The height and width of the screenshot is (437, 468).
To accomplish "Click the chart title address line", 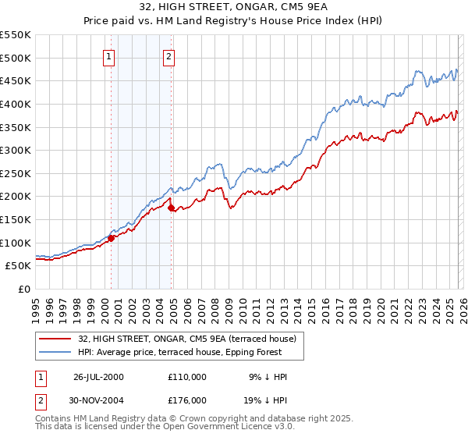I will [x=233, y=7].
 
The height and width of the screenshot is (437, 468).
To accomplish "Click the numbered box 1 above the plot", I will [x=108, y=55].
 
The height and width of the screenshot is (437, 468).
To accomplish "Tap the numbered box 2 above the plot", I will [x=168, y=55].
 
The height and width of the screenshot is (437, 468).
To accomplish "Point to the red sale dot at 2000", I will [x=112, y=238].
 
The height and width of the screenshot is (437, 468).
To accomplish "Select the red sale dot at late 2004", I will [x=172, y=208].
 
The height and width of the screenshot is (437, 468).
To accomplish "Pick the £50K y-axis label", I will [x=18, y=266].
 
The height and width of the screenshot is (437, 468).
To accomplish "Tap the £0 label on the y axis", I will [x=24, y=290].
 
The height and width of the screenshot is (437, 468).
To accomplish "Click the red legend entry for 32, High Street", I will [x=186, y=339].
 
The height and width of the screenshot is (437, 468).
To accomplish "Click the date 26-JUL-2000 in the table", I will [x=98, y=377].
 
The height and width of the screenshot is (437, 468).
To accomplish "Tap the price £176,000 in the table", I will [x=186, y=399].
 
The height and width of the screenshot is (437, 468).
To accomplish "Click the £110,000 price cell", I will [x=186, y=377].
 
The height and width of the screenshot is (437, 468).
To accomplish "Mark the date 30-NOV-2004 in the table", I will [x=98, y=399].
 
